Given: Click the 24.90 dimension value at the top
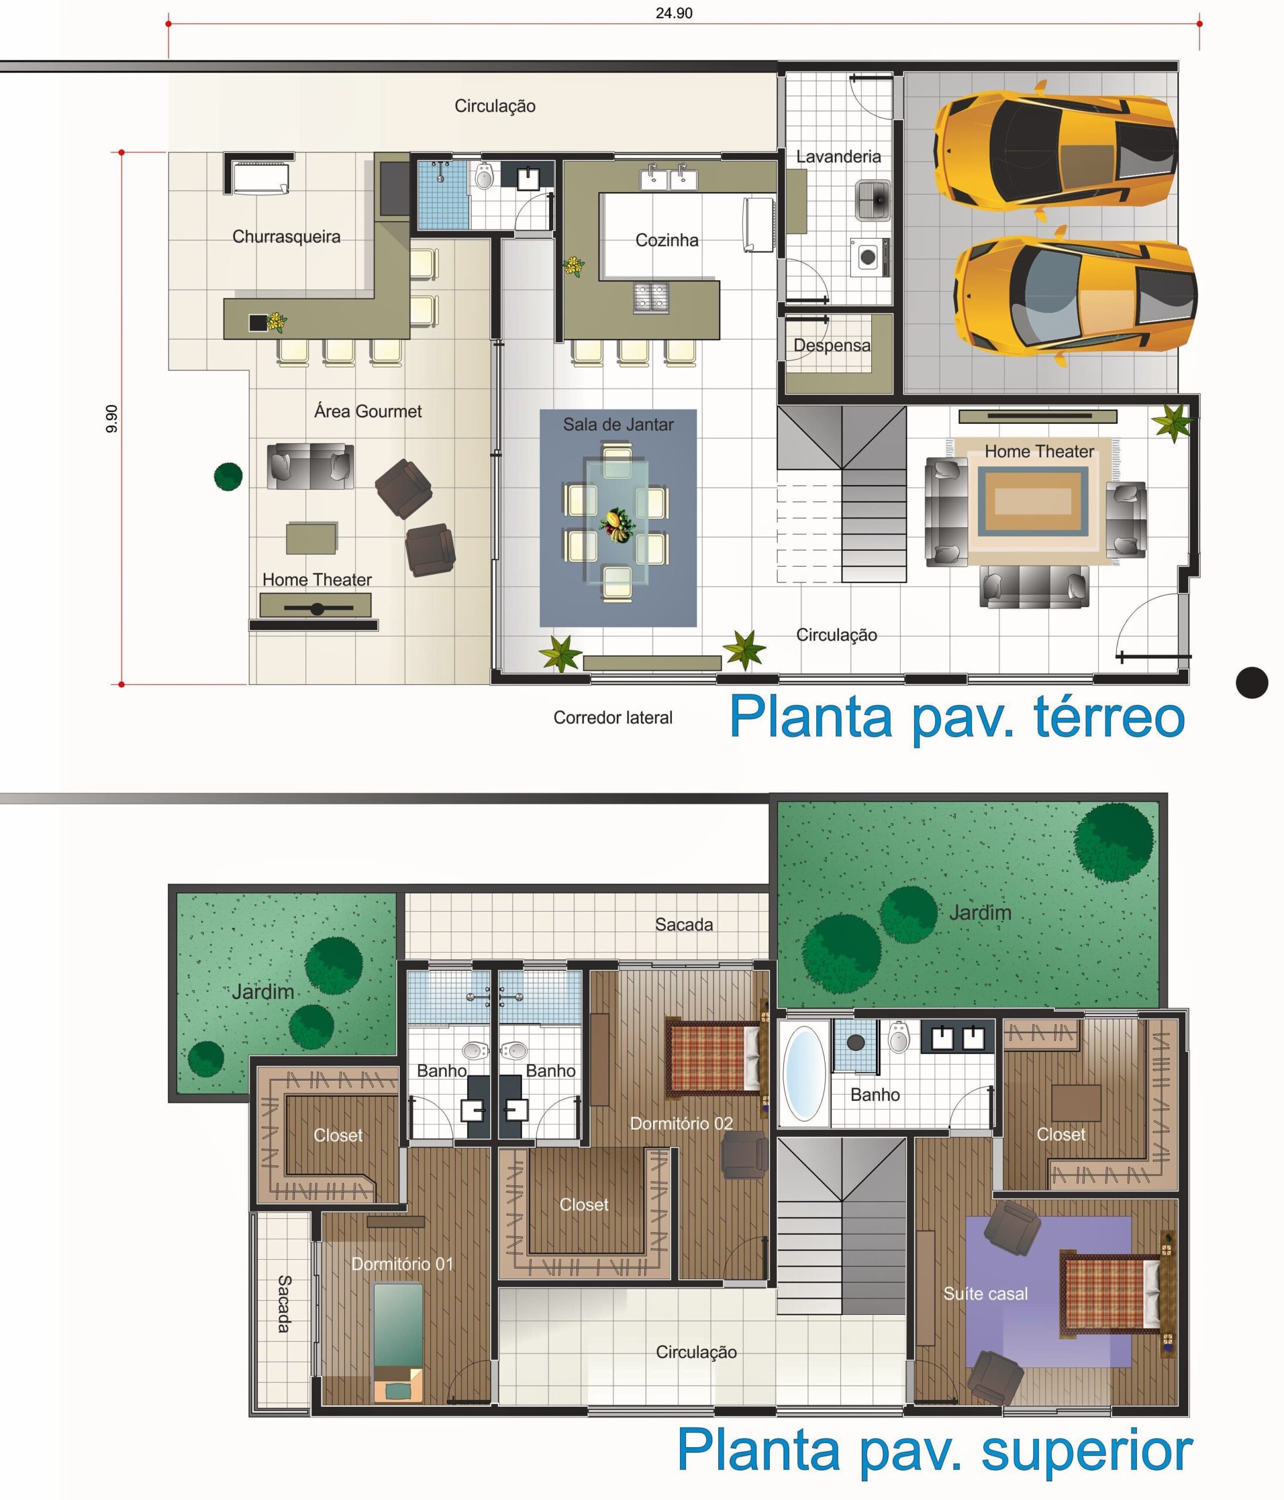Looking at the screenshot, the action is pyautogui.click(x=674, y=13).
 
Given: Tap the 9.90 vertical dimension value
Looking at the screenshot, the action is pyautogui.click(x=111, y=418).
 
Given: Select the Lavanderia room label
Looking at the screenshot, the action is pyautogui.click(x=838, y=156).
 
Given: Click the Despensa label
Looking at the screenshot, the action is pyautogui.click(x=832, y=345).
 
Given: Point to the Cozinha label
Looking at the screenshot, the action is pyautogui.click(x=667, y=240).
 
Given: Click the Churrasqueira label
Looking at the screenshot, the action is pyautogui.click(x=286, y=237).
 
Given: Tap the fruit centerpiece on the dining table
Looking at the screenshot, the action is pyautogui.click(x=618, y=524).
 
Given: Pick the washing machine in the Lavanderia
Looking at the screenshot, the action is pyautogui.click(x=868, y=256).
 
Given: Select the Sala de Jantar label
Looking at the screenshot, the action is pyautogui.click(x=619, y=425).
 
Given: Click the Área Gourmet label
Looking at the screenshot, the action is pyautogui.click(x=368, y=411).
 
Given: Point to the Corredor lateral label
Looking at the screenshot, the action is pyautogui.click(x=613, y=717).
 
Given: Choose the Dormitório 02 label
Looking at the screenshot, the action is pyautogui.click(x=681, y=1124).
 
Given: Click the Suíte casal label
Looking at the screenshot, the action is pyautogui.click(x=986, y=1294).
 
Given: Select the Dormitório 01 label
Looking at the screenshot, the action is pyautogui.click(x=402, y=1264).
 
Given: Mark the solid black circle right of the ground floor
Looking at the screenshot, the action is pyautogui.click(x=1252, y=682).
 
